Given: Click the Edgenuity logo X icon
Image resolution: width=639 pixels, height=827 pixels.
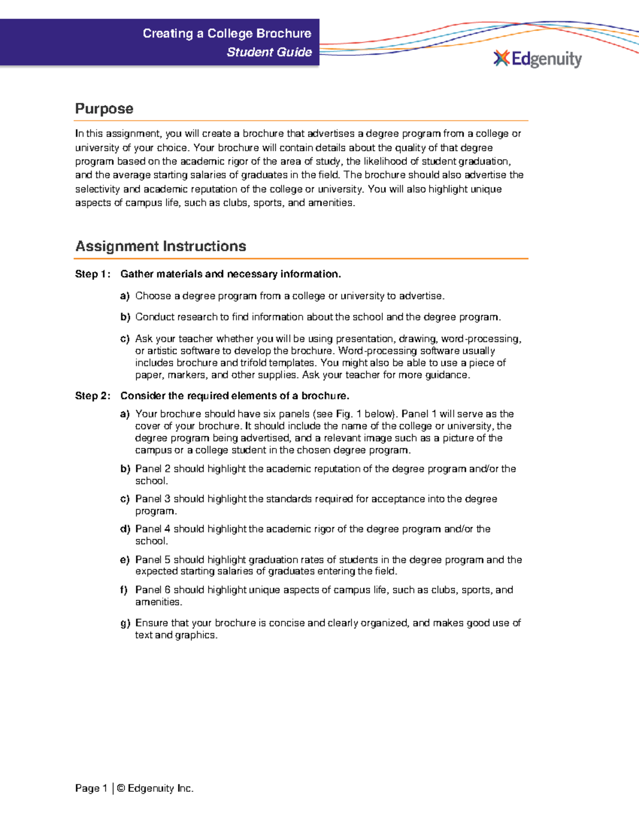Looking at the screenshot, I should tap(501, 58).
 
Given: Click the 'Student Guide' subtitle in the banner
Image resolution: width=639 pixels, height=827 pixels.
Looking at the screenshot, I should tap(269, 52).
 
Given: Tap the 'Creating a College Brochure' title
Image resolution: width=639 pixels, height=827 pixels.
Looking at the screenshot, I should tap(227, 34).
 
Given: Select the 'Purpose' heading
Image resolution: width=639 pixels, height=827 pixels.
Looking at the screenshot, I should tap(104, 109).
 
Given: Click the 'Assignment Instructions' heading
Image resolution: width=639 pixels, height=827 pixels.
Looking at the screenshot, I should tap(160, 246).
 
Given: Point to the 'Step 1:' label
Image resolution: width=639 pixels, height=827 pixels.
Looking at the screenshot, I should tap(93, 274).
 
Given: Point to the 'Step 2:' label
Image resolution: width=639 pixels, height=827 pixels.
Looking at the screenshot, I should tap(93, 396).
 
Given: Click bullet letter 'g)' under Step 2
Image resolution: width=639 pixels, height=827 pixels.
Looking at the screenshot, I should tap(125, 623).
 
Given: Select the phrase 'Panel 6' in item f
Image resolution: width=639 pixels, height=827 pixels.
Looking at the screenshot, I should tap(152, 590).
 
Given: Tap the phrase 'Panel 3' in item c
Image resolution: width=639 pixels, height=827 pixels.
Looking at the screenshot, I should tap(152, 499).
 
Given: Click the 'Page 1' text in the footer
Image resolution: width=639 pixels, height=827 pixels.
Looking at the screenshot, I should tap(91, 788).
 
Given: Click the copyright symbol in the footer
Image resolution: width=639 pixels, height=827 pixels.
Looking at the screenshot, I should tap(121, 788).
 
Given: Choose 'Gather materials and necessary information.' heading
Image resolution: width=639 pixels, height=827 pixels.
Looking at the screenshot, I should tap(230, 274).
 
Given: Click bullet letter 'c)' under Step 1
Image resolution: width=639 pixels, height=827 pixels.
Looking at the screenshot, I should tap(125, 339).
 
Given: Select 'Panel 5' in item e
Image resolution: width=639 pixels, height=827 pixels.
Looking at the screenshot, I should tap(152, 560).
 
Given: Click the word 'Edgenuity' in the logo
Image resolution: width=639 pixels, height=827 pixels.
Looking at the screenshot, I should tap(546, 59).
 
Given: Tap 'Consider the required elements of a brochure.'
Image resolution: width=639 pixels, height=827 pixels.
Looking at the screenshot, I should tap(234, 396).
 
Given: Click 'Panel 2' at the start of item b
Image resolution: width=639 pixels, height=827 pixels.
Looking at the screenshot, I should tap(152, 469).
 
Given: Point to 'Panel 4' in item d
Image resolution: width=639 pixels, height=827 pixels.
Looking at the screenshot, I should tap(152, 529).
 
